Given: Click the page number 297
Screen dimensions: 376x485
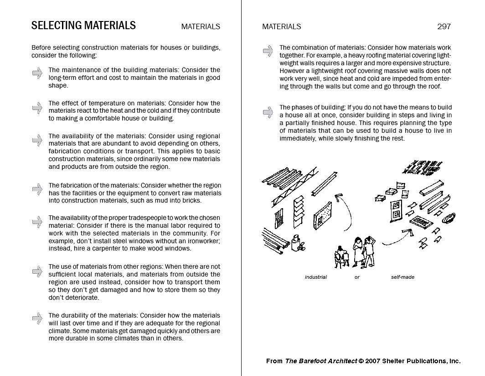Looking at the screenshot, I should (x=444, y=26).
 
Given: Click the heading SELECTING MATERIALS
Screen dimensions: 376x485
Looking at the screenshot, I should (x=83, y=26).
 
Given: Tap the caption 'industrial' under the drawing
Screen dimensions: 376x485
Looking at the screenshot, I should (x=316, y=277).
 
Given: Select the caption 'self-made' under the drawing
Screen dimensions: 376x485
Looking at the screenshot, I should (x=402, y=277).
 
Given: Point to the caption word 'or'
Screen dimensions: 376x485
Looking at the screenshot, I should (x=357, y=277).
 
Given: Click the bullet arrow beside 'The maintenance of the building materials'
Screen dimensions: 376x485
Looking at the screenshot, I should (x=37, y=73).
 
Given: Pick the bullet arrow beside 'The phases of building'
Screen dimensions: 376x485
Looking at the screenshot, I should (x=268, y=111).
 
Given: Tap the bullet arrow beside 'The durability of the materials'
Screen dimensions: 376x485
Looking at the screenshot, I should (x=37, y=319).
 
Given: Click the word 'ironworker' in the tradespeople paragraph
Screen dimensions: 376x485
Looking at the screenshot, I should (x=201, y=240).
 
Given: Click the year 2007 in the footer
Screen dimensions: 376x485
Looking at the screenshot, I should (x=373, y=361).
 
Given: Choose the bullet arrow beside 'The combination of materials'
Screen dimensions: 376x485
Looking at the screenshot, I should (x=268, y=51).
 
